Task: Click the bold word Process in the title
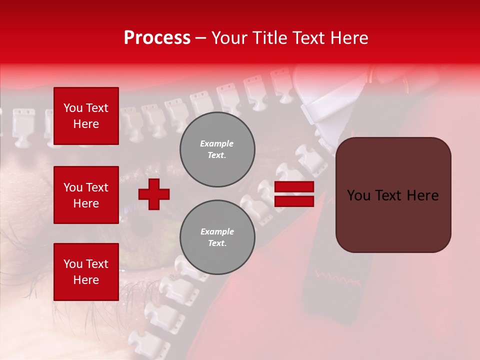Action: click(x=157, y=38)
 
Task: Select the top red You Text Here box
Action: click(x=86, y=116)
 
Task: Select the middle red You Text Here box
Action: click(x=86, y=195)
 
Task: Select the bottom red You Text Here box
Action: click(x=86, y=271)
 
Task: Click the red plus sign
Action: click(x=154, y=194)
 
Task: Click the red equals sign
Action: click(x=294, y=194)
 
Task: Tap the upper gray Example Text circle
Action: click(x=217, y=149)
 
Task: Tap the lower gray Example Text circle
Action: click(x=217, y=237)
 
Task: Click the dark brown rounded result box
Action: click(x=393, y=194)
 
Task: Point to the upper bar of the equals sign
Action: click(x=294, y=187)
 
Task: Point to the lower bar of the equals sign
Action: click(x=294, y=201)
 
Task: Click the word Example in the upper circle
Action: click(x=217, y=143)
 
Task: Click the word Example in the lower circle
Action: click(x=217, y=231)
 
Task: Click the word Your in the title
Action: click(x=228, y=38)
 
